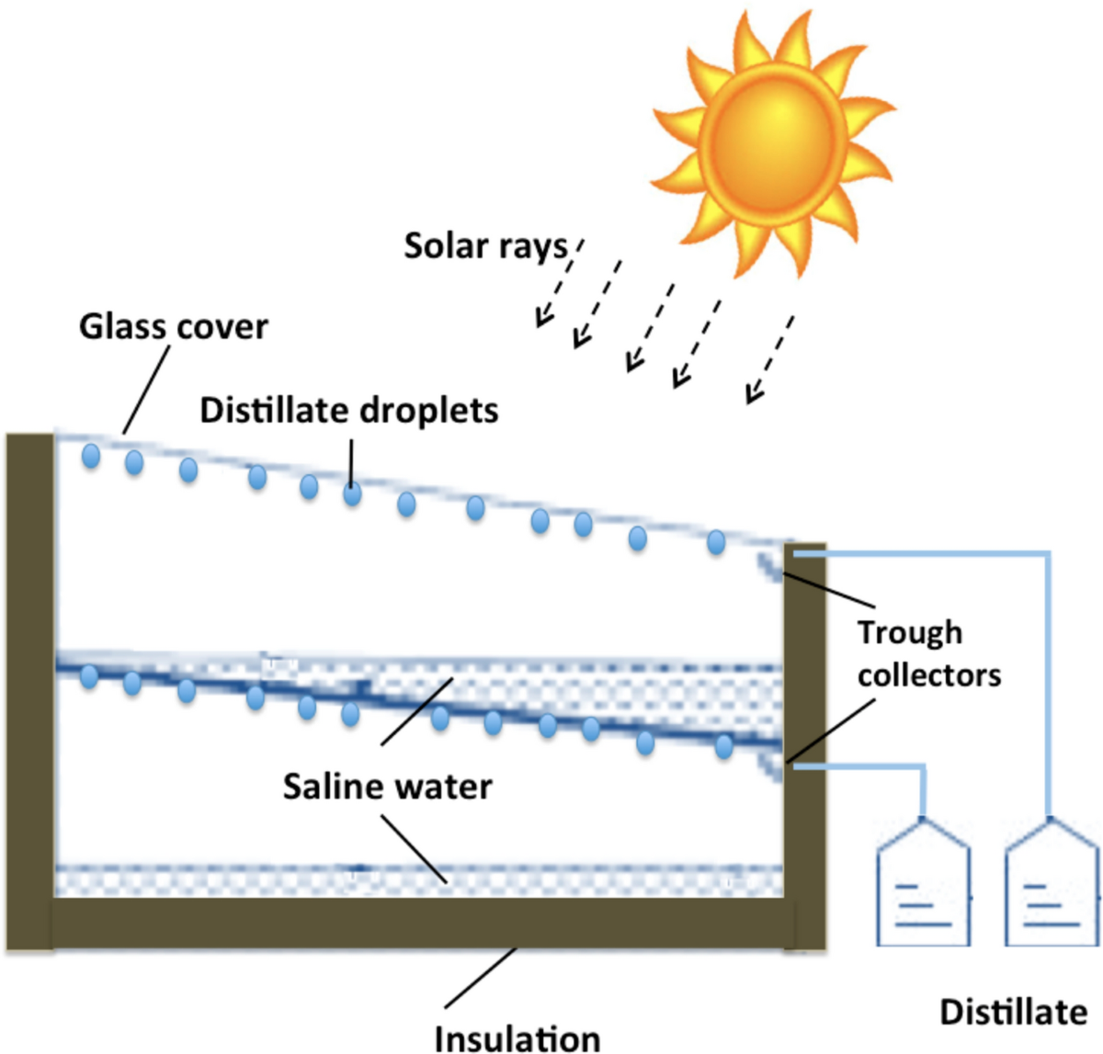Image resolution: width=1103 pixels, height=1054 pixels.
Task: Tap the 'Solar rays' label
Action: point(486,246)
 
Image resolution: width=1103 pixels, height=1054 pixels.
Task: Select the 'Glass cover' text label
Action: point(173,326)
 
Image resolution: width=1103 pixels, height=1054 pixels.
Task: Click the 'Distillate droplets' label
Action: point(348,410)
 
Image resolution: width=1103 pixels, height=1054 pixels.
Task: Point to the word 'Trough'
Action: point(910,632)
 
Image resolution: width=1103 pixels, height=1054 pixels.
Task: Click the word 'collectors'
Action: point(928,674)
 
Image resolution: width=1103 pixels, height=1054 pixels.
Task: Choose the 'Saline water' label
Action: point(387,787)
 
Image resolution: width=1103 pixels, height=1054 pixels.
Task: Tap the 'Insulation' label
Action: point(517,1037)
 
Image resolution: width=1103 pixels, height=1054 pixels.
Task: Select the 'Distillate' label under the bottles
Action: point(1013,1012)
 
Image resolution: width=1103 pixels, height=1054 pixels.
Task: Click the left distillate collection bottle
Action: point(923,886)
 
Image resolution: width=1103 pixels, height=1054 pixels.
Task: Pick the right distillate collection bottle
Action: point(1051,886)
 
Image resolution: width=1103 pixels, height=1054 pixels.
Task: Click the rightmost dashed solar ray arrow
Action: point(769,359)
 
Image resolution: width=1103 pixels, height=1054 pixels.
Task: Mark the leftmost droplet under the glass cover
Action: point(90,455)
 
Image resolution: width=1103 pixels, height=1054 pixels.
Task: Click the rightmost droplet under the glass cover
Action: point(716,542)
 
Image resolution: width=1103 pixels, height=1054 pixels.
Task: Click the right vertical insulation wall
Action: point(804,735)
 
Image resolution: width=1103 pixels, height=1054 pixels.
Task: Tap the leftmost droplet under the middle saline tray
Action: point(88,677)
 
